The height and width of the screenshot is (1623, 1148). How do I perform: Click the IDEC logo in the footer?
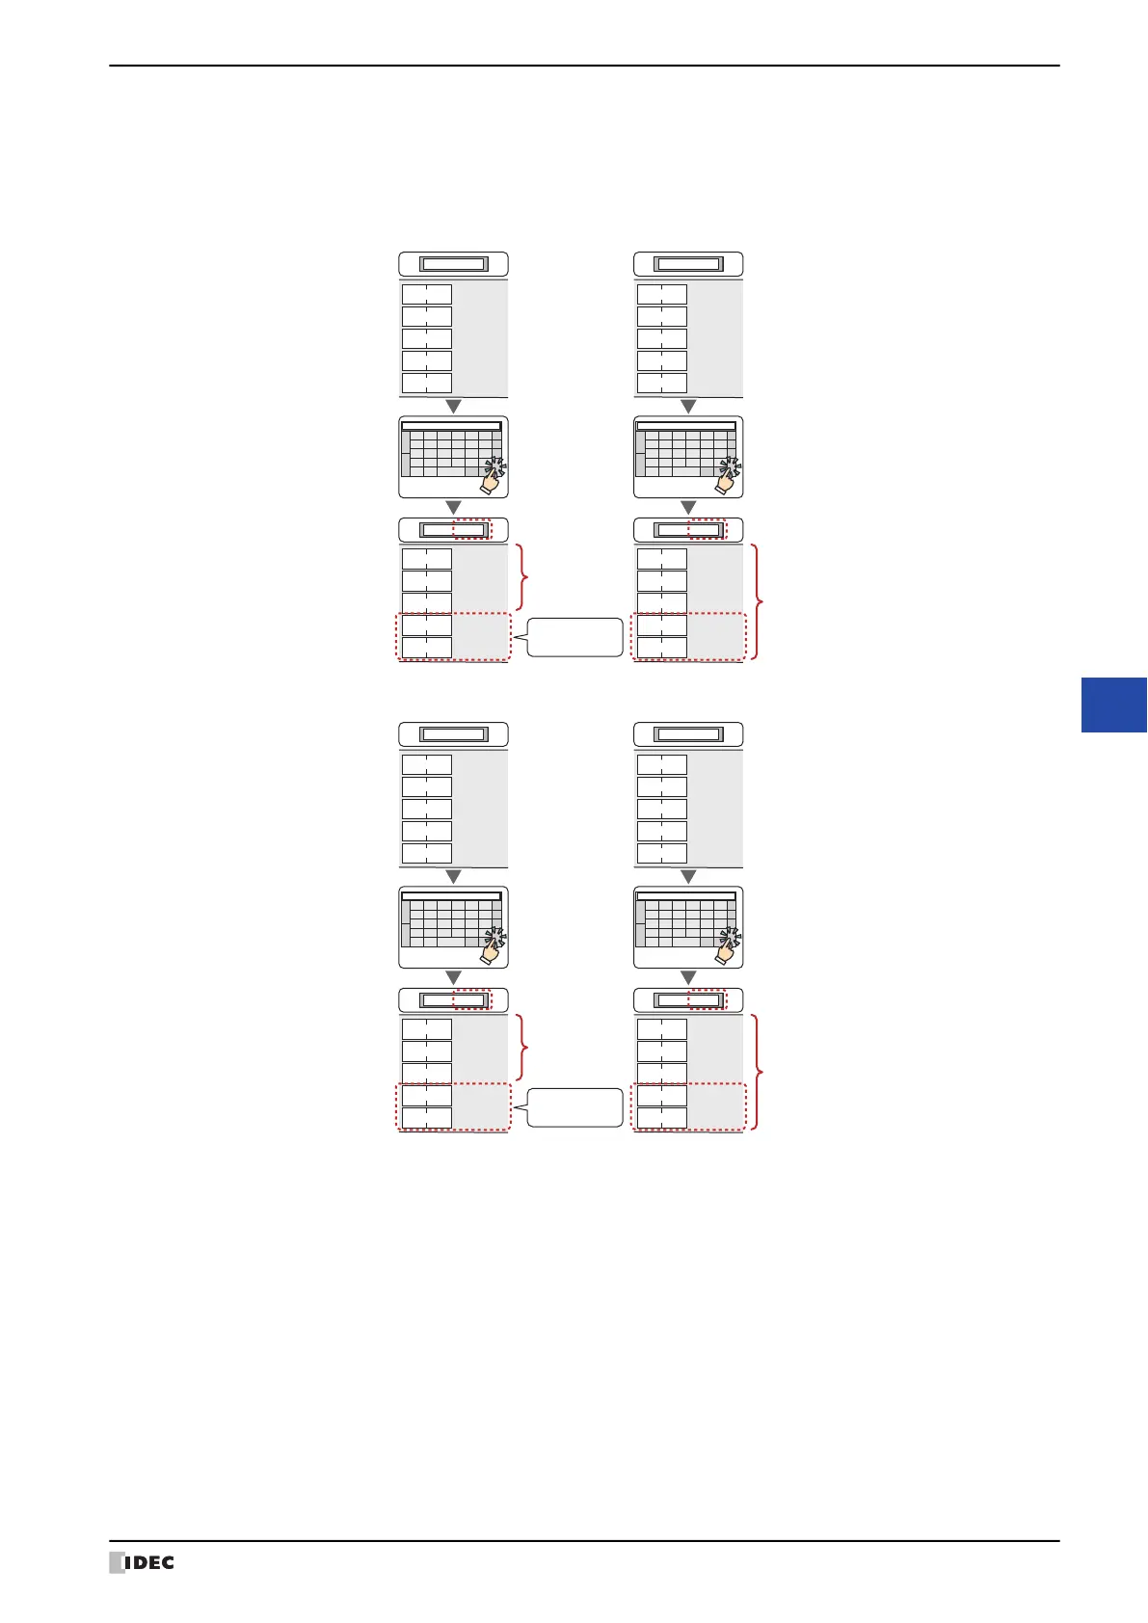[142, 1562]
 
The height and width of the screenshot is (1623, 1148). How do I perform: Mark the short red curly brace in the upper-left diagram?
[523, 577]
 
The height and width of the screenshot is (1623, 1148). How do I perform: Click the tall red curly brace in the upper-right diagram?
[759, 602]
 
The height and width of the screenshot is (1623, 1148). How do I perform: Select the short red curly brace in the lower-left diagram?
[523, 1047]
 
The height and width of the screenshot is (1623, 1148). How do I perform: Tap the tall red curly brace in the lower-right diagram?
[759, 1072]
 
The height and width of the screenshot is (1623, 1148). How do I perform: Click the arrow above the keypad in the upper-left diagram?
[453, 407]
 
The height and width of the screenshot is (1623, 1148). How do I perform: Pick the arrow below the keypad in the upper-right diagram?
[688, 507]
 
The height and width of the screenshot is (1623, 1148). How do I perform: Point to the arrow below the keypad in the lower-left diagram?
[453, 977]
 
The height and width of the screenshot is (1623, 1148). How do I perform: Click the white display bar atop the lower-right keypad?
[686, 896]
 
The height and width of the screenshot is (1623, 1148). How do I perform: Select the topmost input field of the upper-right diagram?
[687, 264]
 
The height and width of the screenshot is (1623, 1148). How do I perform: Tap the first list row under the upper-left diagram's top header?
[426, 294]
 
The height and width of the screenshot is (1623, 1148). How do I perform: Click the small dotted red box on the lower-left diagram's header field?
[471, 999]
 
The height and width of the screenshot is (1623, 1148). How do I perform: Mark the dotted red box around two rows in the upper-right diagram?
[688, 636]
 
